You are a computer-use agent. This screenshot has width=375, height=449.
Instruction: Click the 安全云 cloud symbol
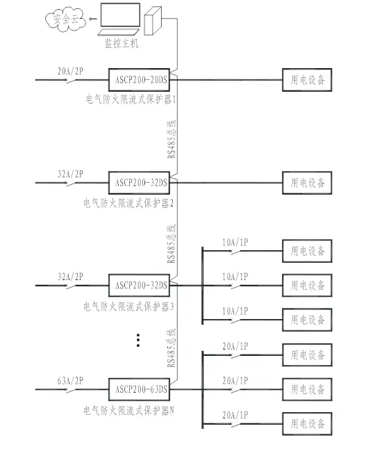click(x=65, y=19)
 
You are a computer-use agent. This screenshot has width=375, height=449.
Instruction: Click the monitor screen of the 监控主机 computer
click(x=120, y=15)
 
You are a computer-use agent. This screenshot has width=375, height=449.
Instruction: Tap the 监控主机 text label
click(x=122, y=43)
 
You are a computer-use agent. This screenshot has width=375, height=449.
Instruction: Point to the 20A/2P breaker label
click(x=70, y=71)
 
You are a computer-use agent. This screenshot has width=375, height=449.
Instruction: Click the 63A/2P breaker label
click(x=70, y=381)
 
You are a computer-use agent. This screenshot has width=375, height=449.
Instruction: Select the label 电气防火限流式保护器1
click(x=131, y=99)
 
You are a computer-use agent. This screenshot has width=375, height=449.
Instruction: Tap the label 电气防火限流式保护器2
click(x=128, y=204)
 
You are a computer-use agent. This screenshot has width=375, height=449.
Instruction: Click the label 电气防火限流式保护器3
click(x=128, y=307)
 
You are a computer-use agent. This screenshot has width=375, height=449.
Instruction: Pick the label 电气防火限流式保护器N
click(x=128, y=411)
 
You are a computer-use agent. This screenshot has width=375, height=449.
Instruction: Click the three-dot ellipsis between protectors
click(x=138, y=340)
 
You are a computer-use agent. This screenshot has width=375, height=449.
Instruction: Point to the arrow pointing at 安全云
click(x=93, y=19)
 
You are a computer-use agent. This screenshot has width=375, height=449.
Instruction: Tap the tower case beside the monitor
click(x=153, y=21)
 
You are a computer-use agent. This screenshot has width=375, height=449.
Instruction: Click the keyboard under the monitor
click(x=119, y=32)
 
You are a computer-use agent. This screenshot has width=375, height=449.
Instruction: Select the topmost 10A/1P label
click(x=235, y=243)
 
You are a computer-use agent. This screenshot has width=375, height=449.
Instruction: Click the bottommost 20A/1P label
click(x=235, y=415)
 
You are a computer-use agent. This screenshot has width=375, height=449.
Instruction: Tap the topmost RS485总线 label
click(x=172, y=139)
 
